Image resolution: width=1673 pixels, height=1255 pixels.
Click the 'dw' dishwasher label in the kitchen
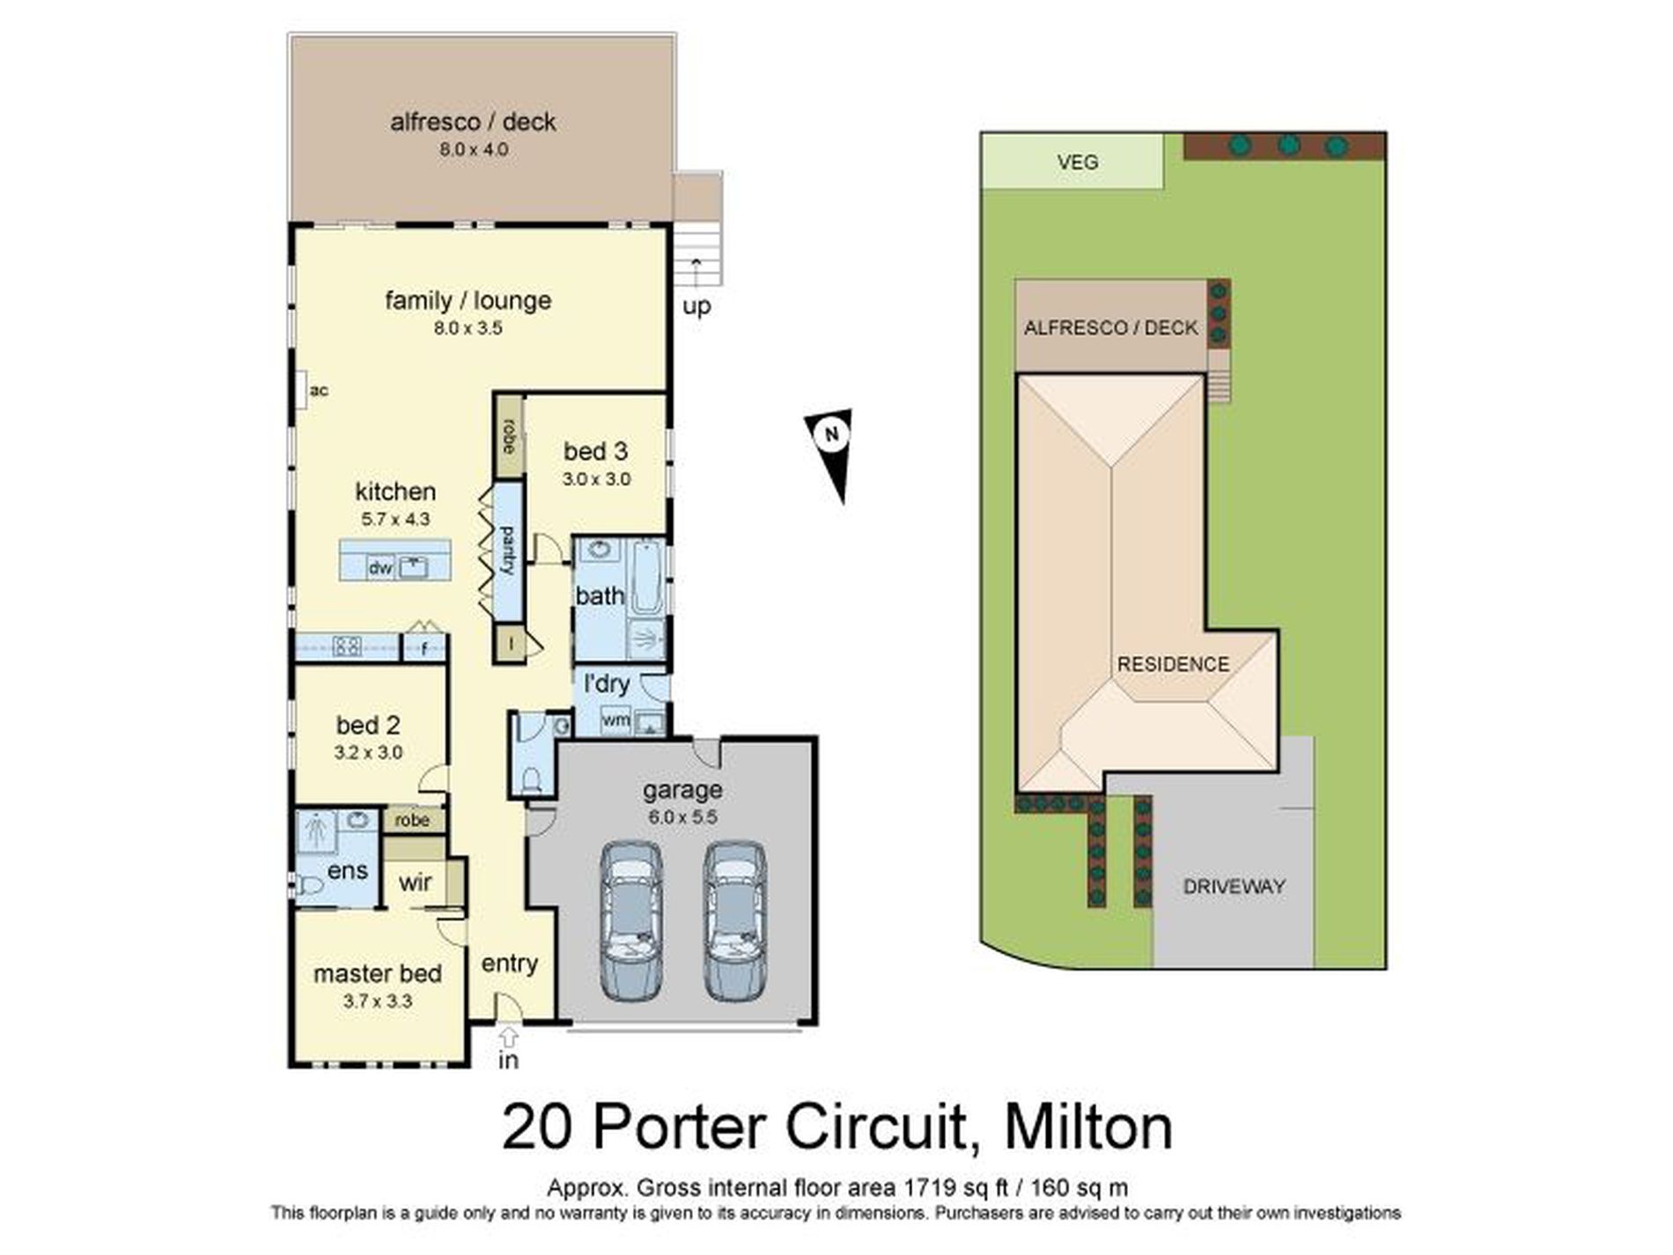pos(380,568)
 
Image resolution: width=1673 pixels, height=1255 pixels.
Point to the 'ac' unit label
pos(319,390)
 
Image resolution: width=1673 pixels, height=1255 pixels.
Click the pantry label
pos(508,550)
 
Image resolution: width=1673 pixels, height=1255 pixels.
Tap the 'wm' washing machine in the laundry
pos(615,720)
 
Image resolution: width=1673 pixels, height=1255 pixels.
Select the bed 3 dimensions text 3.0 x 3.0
pos(596,479)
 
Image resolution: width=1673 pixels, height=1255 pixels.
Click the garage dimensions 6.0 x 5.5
pos(682,816)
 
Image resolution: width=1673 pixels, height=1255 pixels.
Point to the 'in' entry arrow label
pos(508,1059)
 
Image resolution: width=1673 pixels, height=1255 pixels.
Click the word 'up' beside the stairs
pos(696,306)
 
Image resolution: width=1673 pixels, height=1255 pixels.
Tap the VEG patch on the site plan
pos(1076,162)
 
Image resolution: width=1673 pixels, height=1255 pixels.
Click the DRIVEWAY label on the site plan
pos(1233,886)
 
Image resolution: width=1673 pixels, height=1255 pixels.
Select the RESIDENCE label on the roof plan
pos(1172,664)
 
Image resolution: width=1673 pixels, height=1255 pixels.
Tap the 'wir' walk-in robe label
pos(415,882)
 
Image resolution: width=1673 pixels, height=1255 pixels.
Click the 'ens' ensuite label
pos(347,870)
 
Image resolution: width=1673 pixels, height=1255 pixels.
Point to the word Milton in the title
pos(1088,1127)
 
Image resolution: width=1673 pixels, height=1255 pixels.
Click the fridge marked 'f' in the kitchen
pos(424,648)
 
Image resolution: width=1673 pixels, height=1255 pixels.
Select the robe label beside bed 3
pos(509,437)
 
